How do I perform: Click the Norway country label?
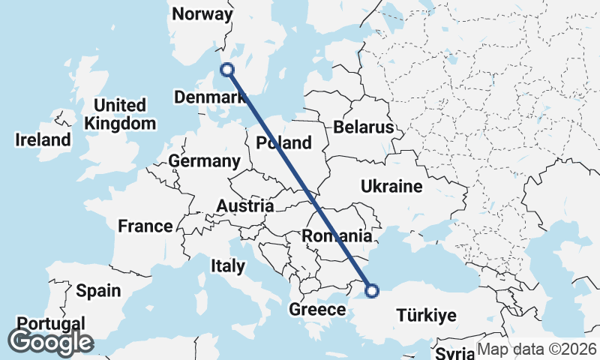[x=202, y=14]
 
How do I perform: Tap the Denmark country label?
[x=209, y=97]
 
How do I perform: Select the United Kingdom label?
[x=120, y=114]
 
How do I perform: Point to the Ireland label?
[x=43, y=139]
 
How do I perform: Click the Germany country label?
[x=204, y=161]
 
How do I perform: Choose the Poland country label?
[x=283, y=142]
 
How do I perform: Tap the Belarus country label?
[x=364, y=127]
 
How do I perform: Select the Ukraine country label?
[x=391, y=186]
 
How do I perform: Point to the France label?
[x=145, y=226]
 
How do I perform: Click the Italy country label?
[x=228, y=265]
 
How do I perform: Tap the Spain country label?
[x=98, y=290]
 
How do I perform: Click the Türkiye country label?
[x=425, y=316]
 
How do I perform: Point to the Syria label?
[x=454, y=353]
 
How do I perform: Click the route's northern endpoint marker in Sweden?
[x=227, y=70]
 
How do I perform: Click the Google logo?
[x=50, y=342]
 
